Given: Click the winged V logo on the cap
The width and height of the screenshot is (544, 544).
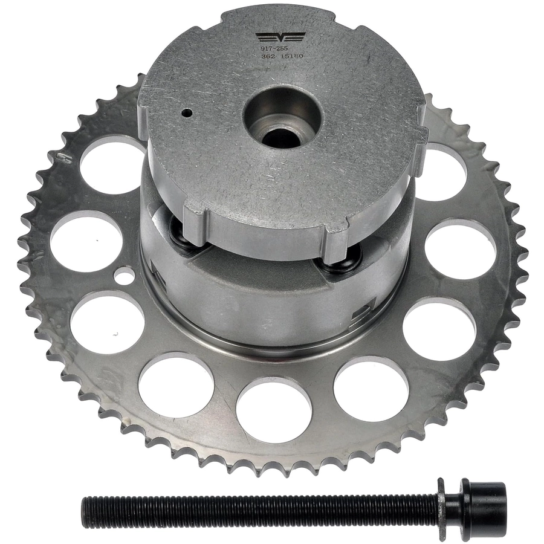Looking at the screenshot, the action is coord(280,36).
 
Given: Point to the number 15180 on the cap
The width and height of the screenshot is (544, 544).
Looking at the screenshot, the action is coord(294,56).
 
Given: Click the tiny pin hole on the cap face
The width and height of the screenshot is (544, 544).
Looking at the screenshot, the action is coord(187,112).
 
